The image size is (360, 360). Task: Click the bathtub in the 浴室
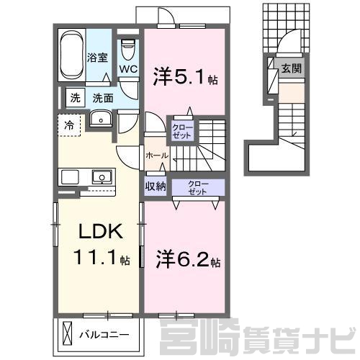(72, 55)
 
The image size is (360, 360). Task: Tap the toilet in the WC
(129, 49)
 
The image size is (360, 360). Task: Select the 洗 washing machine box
(76, 98)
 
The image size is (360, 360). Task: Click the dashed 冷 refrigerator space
(69, 125)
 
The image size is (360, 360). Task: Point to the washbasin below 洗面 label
(101, 119)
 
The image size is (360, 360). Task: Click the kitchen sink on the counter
(102, 177)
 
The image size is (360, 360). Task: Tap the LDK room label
(101, 231)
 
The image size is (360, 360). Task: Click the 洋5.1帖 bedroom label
(185, 77)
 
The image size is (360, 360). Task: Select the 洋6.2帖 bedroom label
(188, 259)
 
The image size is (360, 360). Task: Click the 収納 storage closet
(156, 186)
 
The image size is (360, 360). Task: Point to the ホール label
(157, 156)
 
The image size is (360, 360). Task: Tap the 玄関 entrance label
(292, 68)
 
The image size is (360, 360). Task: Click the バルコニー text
(104, 335)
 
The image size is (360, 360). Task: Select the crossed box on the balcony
(67, 334)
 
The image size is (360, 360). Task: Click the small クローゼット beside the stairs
(182, 132)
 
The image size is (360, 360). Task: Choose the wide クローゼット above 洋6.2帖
(198, 188)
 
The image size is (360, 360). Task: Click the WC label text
(129, 69)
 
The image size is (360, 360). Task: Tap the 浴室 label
(97, 58)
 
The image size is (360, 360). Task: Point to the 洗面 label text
(103, 98)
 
